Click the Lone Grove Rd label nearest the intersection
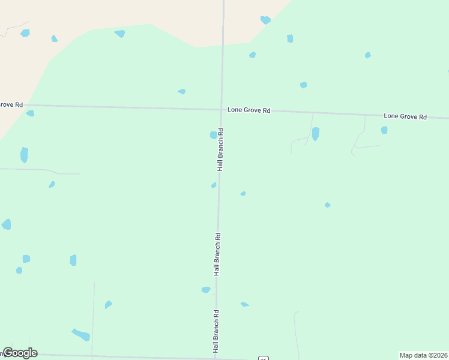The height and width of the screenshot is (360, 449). pyautogui.click(x=249, y=110)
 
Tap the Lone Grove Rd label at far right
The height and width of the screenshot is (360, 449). pyautogui.click(x=405, y=116)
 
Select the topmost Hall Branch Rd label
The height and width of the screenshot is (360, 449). pyautogui.click(x=221, y=149)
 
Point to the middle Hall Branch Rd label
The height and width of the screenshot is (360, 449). pyautogui.click(x=218, y=254)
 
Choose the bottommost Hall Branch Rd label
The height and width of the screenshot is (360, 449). pyautogui.click(x=215, y=331)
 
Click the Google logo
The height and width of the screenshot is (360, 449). pyautogui.click(x=20, y=353)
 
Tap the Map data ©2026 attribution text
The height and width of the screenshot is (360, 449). pyautogui.click(x=424, y=355)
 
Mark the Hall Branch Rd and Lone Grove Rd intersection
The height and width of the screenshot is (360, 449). pyautogui.click(x=222, y=110)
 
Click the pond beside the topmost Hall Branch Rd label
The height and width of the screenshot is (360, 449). pyautogui.click(x=213, y=135)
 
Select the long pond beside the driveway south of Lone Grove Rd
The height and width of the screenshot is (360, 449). pyautogui.click(x=315, y=134)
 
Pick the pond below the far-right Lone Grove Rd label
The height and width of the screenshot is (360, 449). pyautogui.click(x=384, y=130)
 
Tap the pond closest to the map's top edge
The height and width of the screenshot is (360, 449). pyautogui.click(x=265, y=20)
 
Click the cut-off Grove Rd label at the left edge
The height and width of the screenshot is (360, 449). pyautogui.click(x=11, y=104)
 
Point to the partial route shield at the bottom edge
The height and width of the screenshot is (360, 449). pyautogui.click(x=263, y=358)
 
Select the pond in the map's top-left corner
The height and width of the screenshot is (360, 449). pyautogui.click(x=25, y=33)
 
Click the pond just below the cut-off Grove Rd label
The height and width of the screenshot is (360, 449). pyautogui.click(x=30, y=113)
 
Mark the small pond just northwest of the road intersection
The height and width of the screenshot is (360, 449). pyautogui.click(x=181, y=91)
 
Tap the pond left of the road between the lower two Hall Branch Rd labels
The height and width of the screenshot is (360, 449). pyautogui.click(x=206, y=290)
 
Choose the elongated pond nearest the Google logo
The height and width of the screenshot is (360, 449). pyautogui.click(x=81, y=334)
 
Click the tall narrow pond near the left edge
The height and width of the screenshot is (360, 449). pyautogui.click(x=24, y=155)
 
